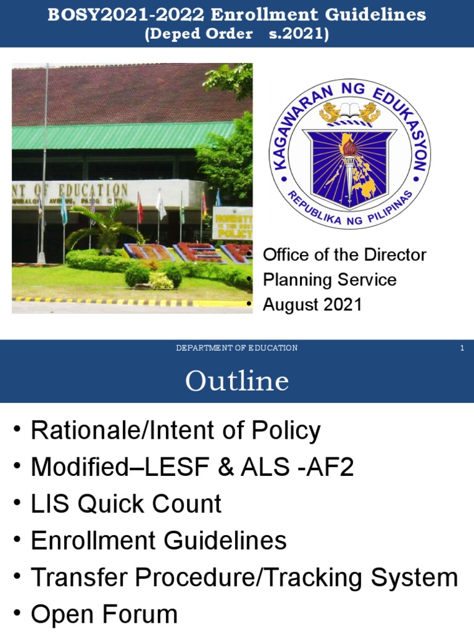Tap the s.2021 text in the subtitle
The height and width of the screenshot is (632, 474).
pos(299,34)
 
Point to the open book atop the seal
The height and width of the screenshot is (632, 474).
pos(349,113)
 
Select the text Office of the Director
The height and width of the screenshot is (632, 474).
pos(344,254)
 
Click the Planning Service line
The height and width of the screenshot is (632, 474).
pos(330,280)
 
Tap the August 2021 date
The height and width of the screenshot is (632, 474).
pos(312,304)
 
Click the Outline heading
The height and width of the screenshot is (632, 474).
pos(237,381)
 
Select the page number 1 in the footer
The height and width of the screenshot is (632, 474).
pos(462,348)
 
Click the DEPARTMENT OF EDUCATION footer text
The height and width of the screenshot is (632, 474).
pos(237,348)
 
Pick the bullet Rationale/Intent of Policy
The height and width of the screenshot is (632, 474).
pos(176,431)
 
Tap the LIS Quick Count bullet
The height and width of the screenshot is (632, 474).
pos(126,504)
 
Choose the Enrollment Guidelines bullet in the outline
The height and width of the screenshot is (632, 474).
pos(159,541)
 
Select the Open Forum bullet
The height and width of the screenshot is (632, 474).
pos(104,614)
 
